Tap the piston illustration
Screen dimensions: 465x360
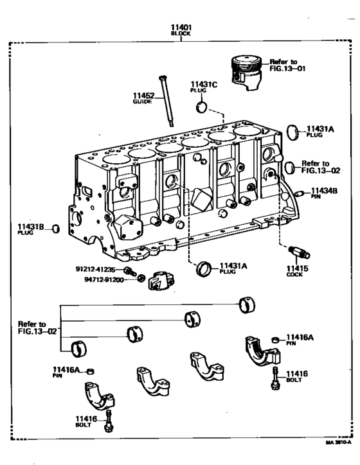[246, 69]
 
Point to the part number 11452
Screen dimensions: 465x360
[145, 95]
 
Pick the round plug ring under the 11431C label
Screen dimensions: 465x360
[202, 106]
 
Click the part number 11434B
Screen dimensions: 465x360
[325, 191]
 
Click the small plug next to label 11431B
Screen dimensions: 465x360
[55, 229]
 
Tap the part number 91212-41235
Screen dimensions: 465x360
[95, 270]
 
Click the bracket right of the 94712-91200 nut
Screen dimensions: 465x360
[159, 283]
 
